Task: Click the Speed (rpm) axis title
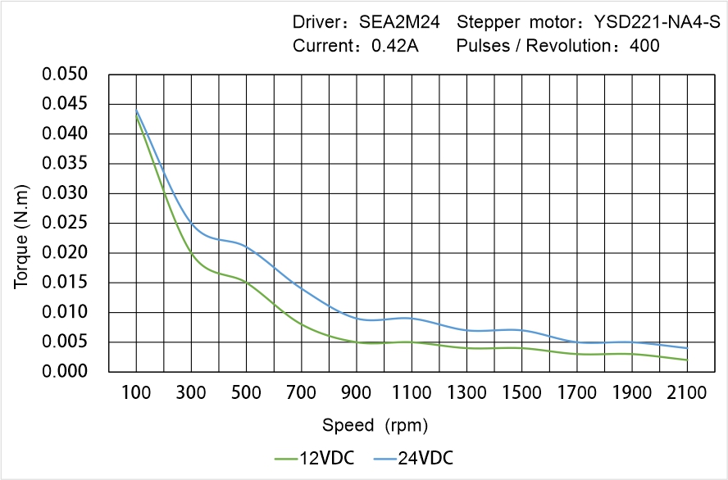point(375,425)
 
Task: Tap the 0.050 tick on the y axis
point(65,75)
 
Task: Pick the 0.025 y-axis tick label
point(65,223)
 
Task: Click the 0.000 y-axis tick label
point(65,372)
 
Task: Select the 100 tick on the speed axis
point(136,393)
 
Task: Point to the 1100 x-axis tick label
point(412,393)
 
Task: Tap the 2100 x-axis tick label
point(687,393)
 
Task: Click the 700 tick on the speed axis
point(302,393)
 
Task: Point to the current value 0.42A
point(395,46)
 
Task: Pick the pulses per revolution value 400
point(644,46)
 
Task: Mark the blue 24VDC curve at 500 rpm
point(246,245)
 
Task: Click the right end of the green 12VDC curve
point(687,360)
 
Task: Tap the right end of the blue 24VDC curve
point(687,348)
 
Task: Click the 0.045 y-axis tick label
point(65,104)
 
